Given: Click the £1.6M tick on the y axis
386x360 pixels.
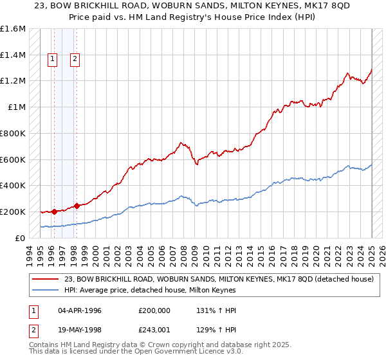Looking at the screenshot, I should point(13,29).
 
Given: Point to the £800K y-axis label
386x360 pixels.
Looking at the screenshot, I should point(13,133).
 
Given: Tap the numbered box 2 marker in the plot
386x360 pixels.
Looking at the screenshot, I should point(75,59).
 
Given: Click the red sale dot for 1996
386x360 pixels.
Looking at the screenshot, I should point(54,211).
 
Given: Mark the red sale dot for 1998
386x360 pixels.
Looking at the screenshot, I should point(77,206).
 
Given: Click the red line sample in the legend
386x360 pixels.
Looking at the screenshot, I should point(46,278).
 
